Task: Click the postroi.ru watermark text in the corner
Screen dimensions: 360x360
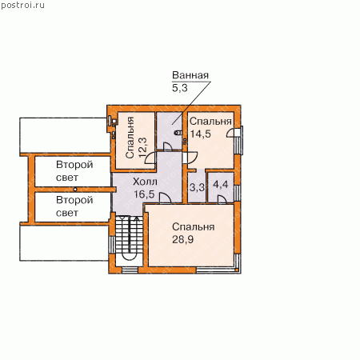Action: (22, 5)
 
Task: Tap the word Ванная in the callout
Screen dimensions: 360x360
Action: (190, 75)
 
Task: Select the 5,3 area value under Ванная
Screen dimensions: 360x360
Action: (180, 88)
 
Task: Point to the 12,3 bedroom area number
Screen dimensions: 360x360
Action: (142, 147)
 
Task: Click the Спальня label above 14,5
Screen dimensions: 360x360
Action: (210, 122)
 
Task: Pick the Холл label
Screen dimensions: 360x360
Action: (145, 182)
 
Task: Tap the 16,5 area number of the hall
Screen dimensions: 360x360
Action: (144, 194)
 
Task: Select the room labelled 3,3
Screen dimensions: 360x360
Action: (197, 187)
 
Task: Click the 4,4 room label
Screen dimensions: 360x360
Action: (221, 184)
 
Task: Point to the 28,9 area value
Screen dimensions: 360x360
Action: (182, 239)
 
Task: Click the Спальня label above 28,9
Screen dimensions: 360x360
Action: (193, 227)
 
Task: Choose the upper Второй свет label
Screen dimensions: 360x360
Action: (74, 171)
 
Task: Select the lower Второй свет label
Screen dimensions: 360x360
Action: (74, 206)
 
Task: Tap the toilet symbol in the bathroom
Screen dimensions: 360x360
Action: (178, 132)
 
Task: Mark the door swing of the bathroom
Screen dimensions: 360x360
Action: (167, 146)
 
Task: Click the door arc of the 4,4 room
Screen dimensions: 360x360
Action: (222, 199)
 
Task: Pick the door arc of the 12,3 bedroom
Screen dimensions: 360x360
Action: (150, 158)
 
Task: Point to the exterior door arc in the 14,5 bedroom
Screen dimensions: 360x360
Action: (231, 133)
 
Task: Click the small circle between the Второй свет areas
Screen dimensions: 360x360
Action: (75, 190)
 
